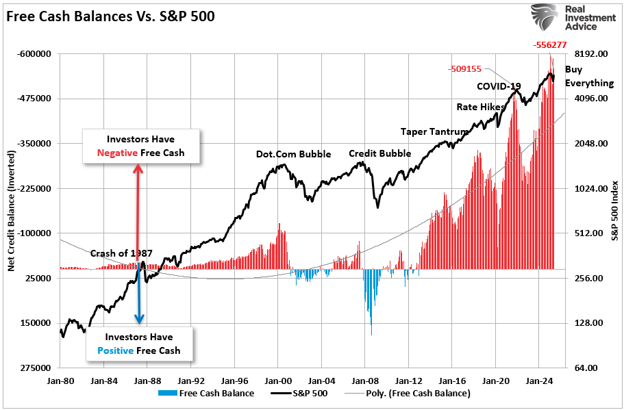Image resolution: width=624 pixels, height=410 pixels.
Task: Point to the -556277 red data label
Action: pos(549,45)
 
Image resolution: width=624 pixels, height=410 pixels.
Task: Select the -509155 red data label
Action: pos(466,69)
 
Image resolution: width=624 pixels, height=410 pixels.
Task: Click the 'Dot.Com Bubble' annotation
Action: pos(293,154)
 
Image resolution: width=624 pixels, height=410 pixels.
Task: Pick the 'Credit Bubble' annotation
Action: pos(380,153)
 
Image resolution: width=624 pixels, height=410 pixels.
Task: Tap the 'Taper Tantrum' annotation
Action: pos(435,131)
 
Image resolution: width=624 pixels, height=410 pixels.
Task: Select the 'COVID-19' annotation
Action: pos(499,86)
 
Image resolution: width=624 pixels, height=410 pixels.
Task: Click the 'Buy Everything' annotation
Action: pos(588,76)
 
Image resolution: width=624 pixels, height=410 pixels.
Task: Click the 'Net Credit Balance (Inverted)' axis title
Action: pos(12,211)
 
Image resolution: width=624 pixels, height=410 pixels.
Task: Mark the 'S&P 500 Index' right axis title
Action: pos(614,211)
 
